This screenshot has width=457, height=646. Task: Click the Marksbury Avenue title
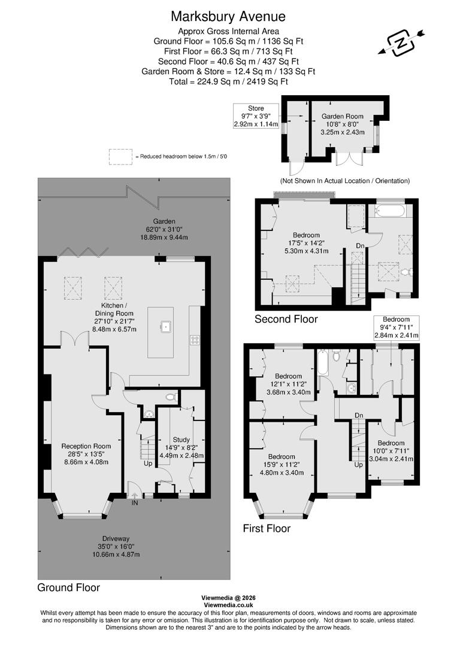click(228, 16)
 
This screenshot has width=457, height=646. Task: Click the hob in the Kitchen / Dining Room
click(195, 340)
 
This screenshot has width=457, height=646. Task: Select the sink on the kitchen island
click(165, 326)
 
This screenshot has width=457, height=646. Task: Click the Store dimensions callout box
click(256, 116)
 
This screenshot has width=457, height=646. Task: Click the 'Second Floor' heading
click(286, 319)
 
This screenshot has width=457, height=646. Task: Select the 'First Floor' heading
click(267, 528)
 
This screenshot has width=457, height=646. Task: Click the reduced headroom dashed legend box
click(120, 156)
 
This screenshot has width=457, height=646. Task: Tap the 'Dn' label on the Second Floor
click(360, 245)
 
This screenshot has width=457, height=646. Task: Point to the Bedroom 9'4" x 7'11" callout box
click(396, 327)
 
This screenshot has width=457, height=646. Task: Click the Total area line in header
click(228, 81)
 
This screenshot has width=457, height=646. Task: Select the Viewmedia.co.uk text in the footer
click(228, 605)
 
